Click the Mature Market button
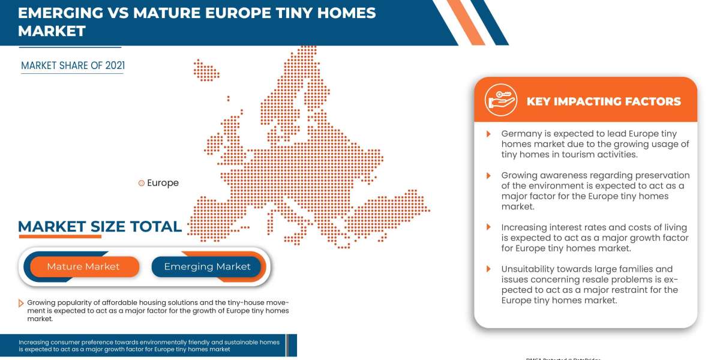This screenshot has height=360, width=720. point(83,266)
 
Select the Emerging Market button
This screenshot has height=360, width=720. point(207,266)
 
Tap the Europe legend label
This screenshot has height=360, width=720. point(163,183)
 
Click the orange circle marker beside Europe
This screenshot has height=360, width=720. point(142,183)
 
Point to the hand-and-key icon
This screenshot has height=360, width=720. point(501,100)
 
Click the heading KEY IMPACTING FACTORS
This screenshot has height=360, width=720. point(604,101)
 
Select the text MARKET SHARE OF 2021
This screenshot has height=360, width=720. point(73,65)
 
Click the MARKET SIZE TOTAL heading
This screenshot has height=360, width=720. point(100,226)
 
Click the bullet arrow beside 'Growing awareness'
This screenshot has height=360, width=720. point(488,175)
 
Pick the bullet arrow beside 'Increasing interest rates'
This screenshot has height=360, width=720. point(488,227)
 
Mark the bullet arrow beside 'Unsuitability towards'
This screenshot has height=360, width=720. point(488,269)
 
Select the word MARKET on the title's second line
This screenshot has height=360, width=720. point(52,31)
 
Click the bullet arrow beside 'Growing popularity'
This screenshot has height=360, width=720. point(22,302)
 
